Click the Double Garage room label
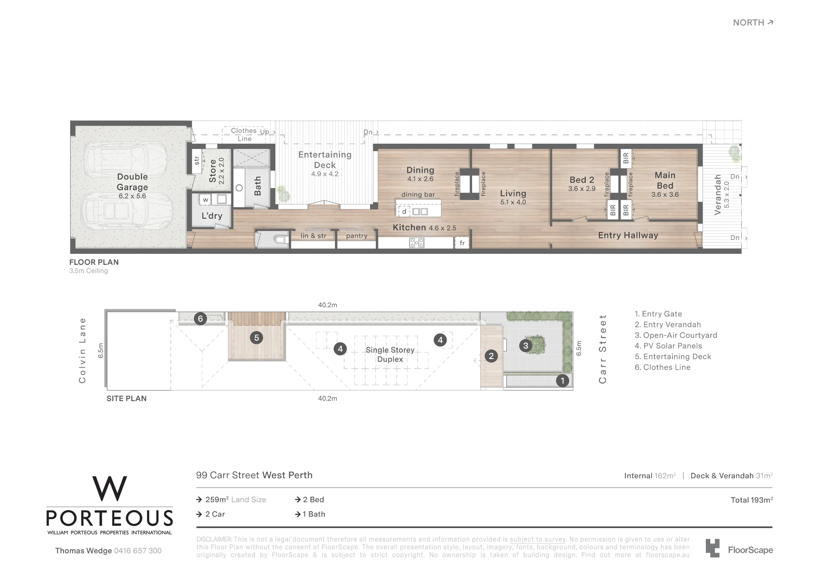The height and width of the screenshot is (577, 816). [132, 182]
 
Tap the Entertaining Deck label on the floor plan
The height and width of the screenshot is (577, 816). [325, 160]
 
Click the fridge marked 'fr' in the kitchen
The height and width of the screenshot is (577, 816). [462, 243]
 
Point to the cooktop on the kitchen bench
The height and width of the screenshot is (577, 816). [417, 243]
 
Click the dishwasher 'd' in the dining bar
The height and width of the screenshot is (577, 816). [404, 211]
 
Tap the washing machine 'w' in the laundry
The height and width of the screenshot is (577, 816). [206, 200]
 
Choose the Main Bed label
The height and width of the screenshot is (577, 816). [665, 180]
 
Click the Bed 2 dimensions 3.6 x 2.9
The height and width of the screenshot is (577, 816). [582, 189]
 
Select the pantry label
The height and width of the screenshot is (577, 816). [357, 236]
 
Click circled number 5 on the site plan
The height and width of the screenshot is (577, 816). [257, 338]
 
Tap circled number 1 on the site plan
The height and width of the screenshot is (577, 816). [563, 381]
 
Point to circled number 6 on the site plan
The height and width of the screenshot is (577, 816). [200, 319]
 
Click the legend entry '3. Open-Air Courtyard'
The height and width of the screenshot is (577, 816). [676, 335]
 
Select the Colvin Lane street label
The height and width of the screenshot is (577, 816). [82, 351]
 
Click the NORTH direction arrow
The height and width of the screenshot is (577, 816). [770, 22]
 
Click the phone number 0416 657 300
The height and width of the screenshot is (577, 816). [138, 551]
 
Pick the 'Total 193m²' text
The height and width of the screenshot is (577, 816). [752, 500]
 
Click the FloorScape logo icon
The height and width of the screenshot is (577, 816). [712, 548]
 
